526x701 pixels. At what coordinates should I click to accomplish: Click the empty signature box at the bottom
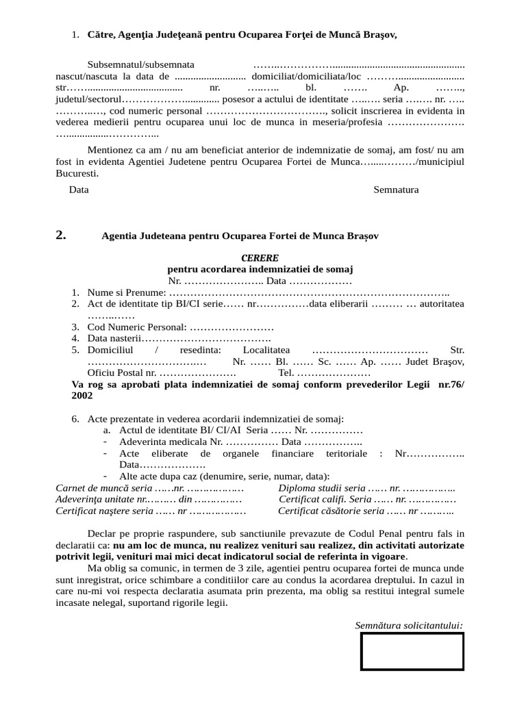pyautogui.click(x=412, y=651)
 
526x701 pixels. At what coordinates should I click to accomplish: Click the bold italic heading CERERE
pyautogui.click(x=260, y=258)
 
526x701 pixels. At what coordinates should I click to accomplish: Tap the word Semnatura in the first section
pyautogui.click(x=396, y=190)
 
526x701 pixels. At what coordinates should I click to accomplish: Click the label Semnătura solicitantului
pyautogui.click(x=409, y=625)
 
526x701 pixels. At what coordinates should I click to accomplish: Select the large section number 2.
pyautogui.click(x=61, y=235)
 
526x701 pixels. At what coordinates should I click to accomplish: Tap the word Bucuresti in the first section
pyautogui.click(x=77, y=173)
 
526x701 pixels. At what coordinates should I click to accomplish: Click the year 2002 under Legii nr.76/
pyautogui.click(x=82, y=396)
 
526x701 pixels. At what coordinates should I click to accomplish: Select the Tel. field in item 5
pyautogui.click(x=286, y=372)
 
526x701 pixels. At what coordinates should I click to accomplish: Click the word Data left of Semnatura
pyautogui.click(x=79, y=190)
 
